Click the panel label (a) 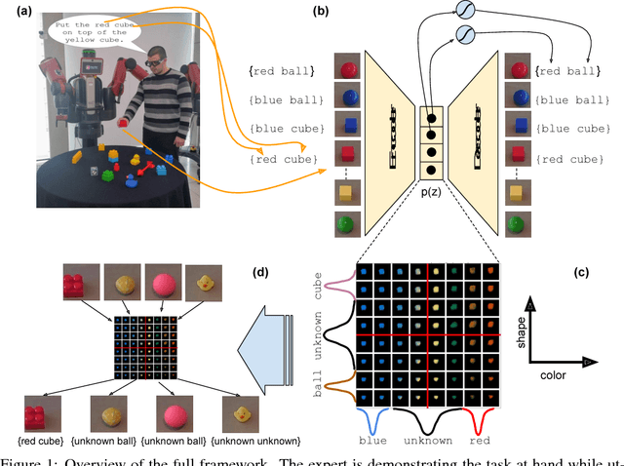pyautogui.click(x=19, y=11)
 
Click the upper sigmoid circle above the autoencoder pyautogui.click(x=465, y=10)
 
